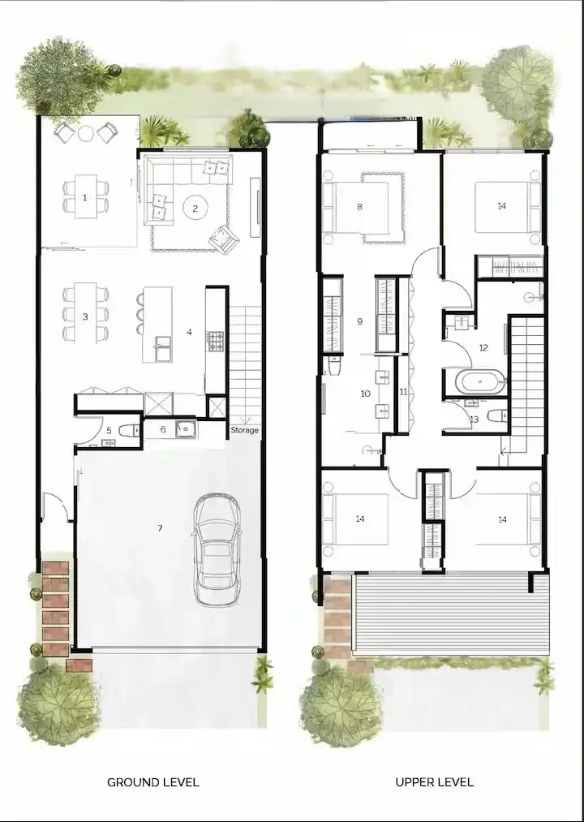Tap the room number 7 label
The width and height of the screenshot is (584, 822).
click(160, 529)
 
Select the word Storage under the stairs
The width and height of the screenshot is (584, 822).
click(244, 430)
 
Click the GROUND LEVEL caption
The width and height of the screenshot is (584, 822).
click(153, 782)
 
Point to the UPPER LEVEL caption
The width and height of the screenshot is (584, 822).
click(435, 782)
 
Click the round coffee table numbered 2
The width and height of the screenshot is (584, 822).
click(195, 208)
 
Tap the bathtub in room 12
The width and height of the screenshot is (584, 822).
click(473, 381)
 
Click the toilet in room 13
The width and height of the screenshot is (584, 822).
click(498, 415)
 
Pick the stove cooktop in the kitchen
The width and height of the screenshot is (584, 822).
click(216, 341)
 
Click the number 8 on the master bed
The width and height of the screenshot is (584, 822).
click(359, 206)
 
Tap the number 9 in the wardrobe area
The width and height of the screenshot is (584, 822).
click(359, 321)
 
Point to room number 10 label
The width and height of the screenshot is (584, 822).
click(365, 393)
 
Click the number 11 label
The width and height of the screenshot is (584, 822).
click(403, 391)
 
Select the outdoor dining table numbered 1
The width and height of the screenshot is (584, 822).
click(85, 197)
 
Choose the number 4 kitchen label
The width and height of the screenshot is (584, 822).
click(189, 331)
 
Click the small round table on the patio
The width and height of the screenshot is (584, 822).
click(85, 132)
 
